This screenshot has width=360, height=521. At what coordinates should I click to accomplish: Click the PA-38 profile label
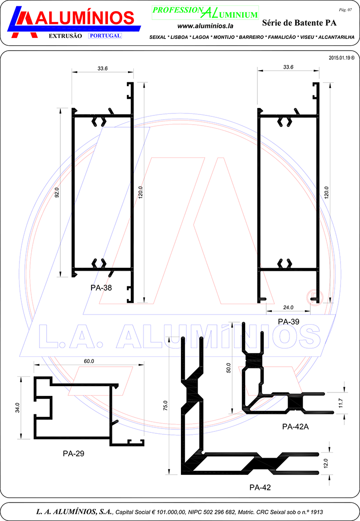point(101,288)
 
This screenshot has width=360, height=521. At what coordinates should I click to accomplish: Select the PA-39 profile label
point(288,322)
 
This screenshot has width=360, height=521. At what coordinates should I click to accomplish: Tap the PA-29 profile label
point(73,453)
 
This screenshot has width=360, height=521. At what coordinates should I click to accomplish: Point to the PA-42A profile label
point(295,427)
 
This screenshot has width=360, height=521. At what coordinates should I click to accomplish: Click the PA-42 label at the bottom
point(260,487)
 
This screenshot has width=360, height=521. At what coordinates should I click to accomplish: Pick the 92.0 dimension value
point(56,193)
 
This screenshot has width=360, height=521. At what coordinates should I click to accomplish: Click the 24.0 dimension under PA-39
point(288,308)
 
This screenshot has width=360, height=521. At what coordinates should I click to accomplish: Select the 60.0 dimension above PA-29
point(89,361)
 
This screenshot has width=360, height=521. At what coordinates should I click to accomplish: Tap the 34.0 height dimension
point(17,408)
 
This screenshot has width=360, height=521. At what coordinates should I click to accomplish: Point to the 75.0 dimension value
point(165,406)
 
